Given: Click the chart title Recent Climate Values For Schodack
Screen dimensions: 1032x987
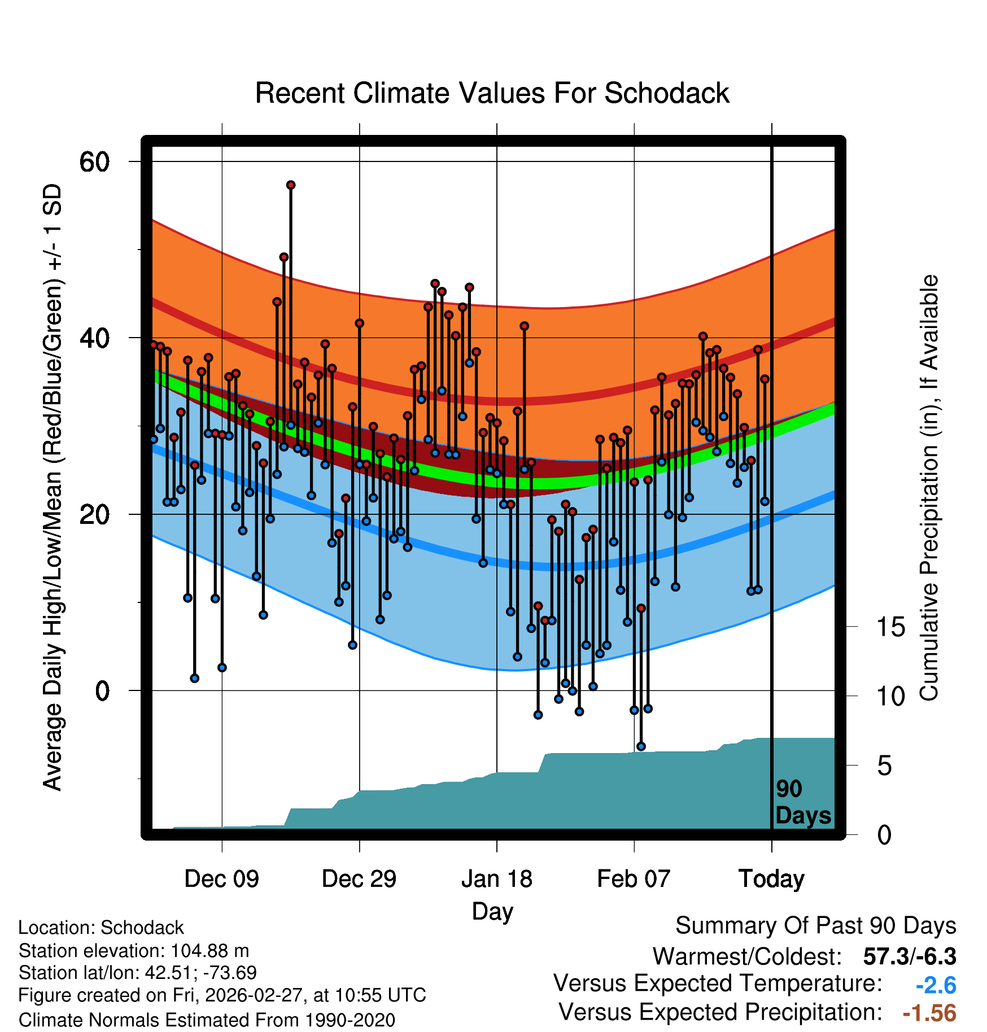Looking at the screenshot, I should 492,93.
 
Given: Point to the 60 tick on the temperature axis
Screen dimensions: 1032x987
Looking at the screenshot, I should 94,163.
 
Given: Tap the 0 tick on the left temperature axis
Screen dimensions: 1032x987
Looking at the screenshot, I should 102,690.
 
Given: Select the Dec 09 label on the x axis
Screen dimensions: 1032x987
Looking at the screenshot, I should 221,879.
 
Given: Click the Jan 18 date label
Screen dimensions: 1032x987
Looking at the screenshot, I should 496,879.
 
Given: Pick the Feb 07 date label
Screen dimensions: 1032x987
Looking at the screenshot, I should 634,879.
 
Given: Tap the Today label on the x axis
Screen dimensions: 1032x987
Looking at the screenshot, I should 771,879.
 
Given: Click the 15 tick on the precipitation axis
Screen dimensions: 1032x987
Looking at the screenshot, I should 890,627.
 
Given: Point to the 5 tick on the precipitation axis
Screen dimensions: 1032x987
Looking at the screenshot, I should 884,766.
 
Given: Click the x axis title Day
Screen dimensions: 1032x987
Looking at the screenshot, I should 492,911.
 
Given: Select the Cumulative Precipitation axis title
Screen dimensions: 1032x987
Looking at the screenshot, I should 929,488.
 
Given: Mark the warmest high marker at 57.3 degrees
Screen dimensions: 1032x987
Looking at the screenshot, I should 291,185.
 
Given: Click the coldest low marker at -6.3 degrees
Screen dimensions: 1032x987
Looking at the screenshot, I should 641,746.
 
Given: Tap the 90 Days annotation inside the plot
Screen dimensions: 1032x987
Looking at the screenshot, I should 803,802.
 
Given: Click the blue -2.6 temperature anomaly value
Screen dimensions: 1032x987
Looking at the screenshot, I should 936,986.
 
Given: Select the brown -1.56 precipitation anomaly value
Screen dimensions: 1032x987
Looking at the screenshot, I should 929,1013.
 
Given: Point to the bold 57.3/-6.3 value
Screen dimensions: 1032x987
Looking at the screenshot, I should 910,957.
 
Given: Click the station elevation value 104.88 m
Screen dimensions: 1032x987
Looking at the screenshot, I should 209,951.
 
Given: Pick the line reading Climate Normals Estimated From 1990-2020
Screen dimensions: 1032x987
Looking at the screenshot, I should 207,1020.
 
